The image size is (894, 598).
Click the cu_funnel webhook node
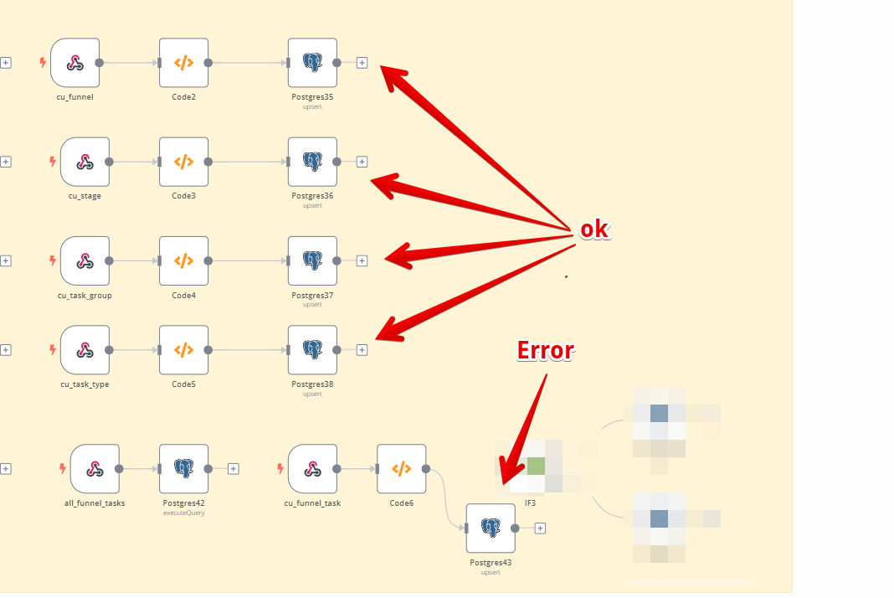click(x=75, y=63)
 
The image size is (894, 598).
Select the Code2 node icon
click(x=184, y=63)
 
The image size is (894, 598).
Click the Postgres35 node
click(x=312, y=63)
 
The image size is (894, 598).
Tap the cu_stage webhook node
click(x=85, y=162)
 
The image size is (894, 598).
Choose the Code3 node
click(x=184, y=162)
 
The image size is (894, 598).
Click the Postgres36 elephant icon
click(x=312, y=162)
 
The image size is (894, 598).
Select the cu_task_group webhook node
click(x=85, y=260)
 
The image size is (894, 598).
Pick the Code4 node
click(x=184, y=260)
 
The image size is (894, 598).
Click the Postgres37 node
click(x=312, y=260)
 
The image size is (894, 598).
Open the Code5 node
click(x=184, y=350)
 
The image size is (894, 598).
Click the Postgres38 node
click(x=312, y=350)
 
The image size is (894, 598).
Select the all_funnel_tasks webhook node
click(x=95, y=469)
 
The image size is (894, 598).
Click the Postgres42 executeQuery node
click(x=184, y=469)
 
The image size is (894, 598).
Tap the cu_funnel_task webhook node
click(x=312, y=469)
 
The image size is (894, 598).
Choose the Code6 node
click(x=402, y=469)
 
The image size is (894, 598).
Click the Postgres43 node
click(x=491, y=528)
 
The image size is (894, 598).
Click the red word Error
click(x=545, y=350)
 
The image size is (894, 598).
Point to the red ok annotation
click(x=594, y=230)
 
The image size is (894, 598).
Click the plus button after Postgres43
click(x=540, y=528)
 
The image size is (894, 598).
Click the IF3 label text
click(x=530, y=503)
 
